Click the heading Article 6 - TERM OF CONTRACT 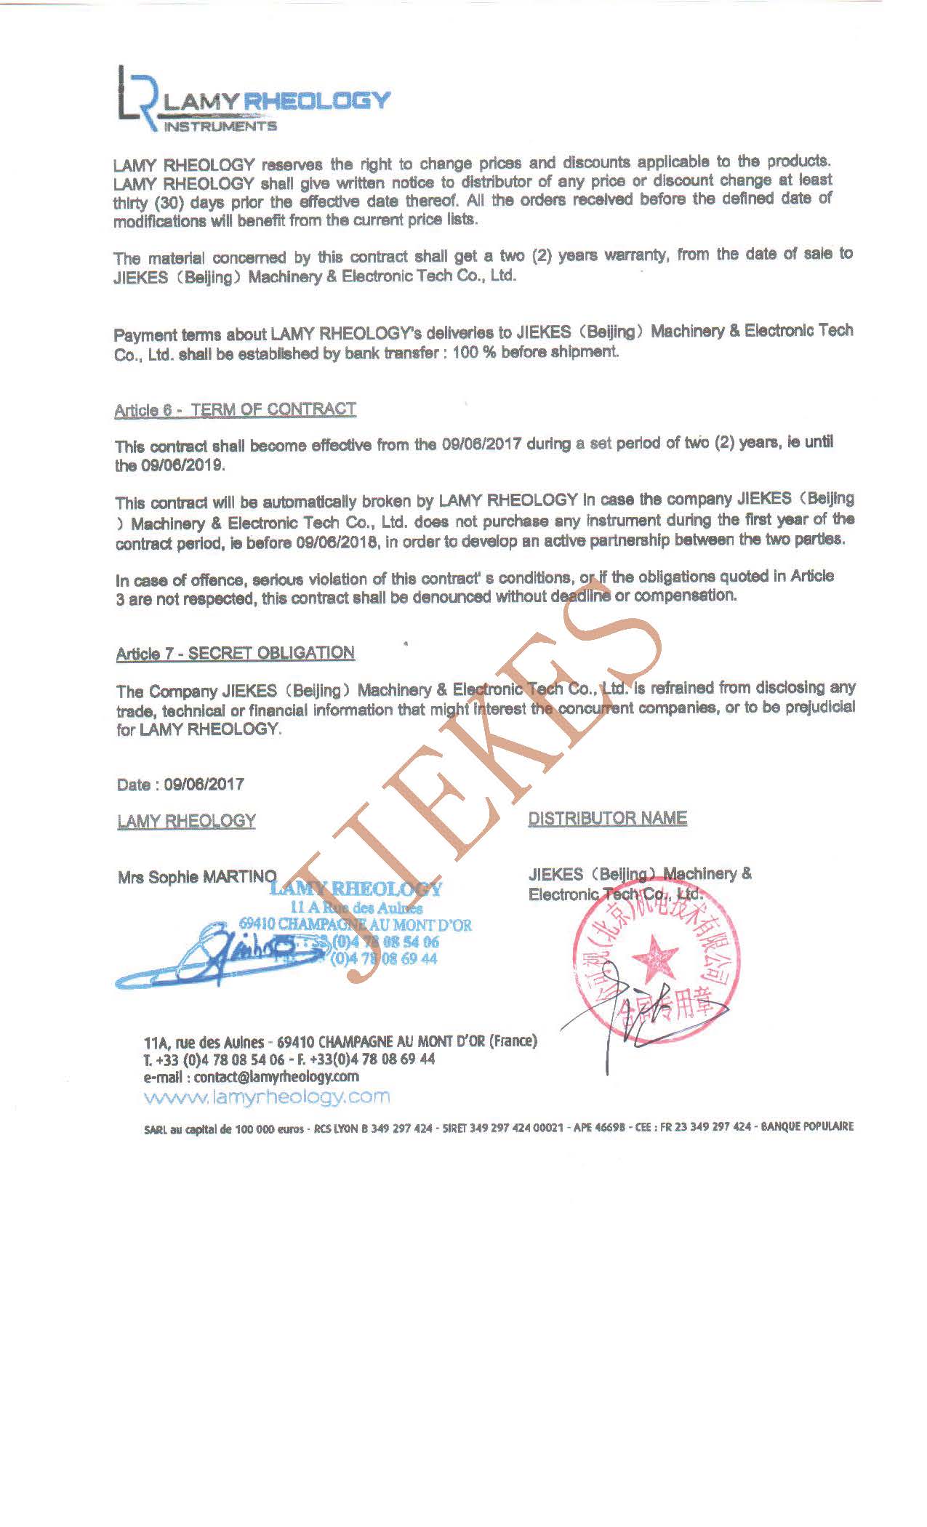coord(235,409)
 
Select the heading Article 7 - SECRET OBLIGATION coord(235,653)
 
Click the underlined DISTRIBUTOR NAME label coord(607,819)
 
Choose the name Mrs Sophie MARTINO coord(197,877)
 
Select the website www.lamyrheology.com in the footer coord(267,1097)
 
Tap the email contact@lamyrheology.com coord(276,1077)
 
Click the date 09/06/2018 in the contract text coord(334,542)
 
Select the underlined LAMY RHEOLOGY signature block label coord(186,822)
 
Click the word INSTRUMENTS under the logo coord(220,127)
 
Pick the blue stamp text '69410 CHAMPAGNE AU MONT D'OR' coord(355,925)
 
